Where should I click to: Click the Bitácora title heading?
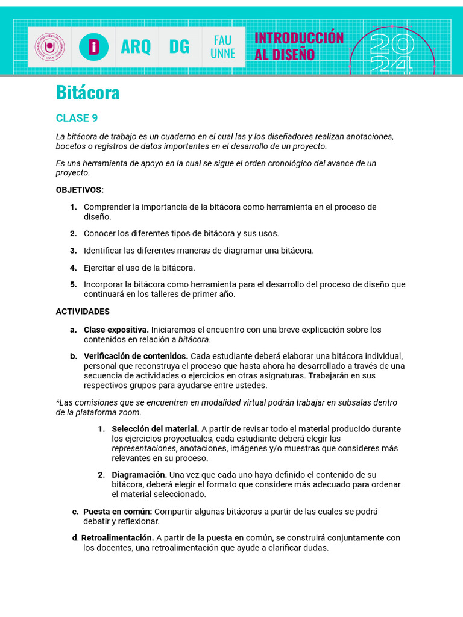(87, 93)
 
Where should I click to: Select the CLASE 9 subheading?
(77, 117)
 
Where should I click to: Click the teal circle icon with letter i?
(93, 47)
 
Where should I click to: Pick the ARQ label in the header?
(136, 46)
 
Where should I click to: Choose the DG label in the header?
(179, 46)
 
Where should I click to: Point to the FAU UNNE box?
(222, 47)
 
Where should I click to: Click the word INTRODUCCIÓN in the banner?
(299, 38)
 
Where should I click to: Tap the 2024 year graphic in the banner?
(392, 53)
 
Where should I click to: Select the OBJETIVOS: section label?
(80, 190)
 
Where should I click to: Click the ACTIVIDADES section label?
(83, 312)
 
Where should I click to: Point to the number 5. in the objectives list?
(73, 284)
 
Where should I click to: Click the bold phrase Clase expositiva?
(116, 330)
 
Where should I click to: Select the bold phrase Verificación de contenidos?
(136, 356)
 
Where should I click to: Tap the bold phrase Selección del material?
(155, 429)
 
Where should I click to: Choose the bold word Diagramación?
(139, 475)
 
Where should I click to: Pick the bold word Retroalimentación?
(118, 538)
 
